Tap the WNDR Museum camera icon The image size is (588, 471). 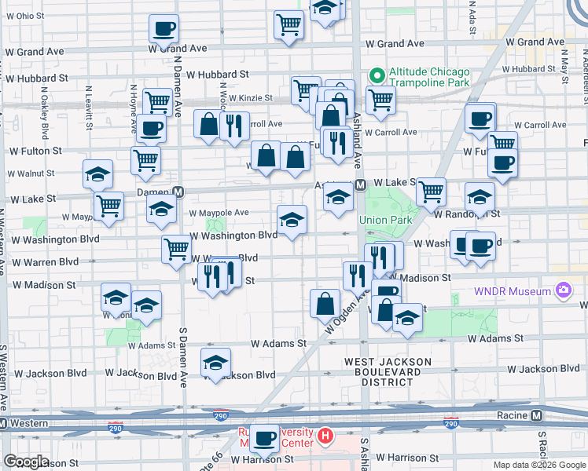pos(563,292)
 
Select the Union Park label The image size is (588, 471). pos(385,220)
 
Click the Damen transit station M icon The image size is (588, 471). pos(179,192)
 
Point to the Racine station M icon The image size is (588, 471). pos(537,415)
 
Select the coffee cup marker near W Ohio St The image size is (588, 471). pos(164,29)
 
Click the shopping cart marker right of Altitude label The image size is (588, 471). pos(380,100)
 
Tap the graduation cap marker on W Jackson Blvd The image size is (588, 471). pos(215,363)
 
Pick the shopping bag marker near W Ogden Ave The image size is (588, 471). pos(325,303)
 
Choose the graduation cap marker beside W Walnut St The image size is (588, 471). pos(97,174)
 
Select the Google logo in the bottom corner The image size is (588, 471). pos(26,462)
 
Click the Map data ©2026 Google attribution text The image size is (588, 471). pos(538,465)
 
